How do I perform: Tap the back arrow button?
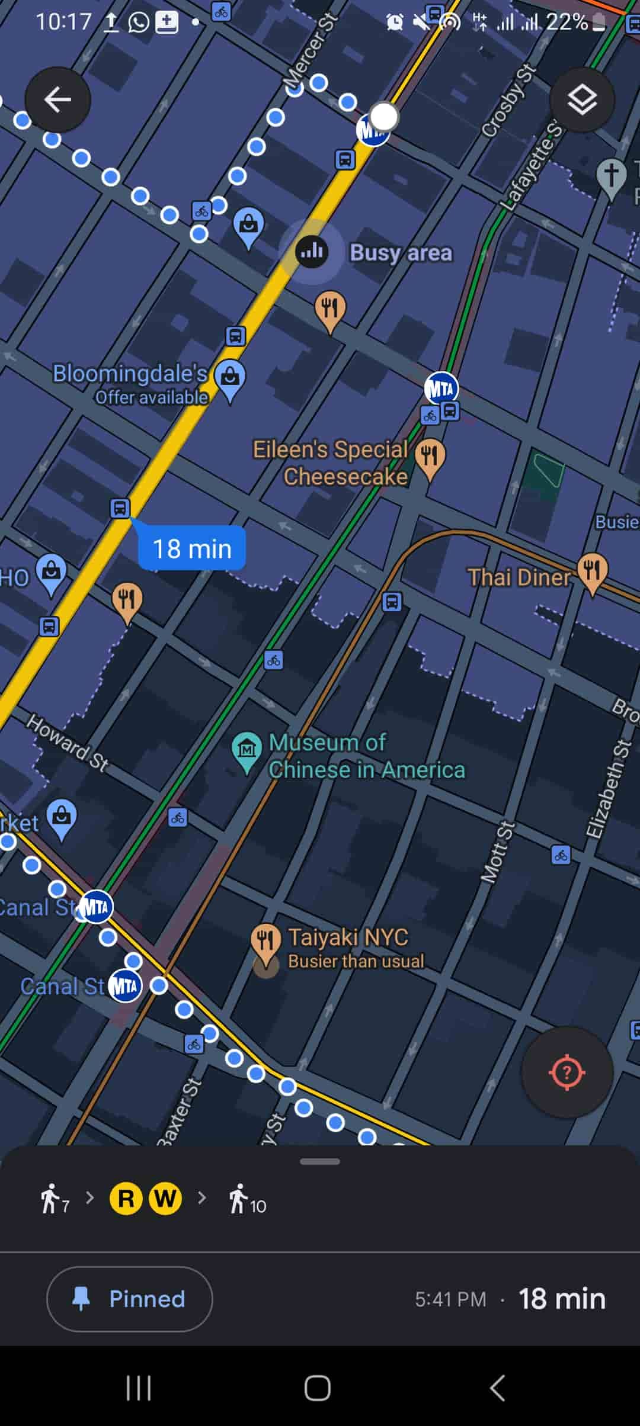(57, 99)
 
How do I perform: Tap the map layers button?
(582, 99)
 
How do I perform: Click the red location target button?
(567, 1072)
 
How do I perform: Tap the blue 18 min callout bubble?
(192, 548)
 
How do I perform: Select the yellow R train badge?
(126, 1199)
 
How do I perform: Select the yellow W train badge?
(165, 1199)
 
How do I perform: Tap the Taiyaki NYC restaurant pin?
(265, 939)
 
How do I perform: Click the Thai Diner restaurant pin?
(591, 570)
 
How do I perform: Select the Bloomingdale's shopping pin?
(230, 377)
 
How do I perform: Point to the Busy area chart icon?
(312, 252)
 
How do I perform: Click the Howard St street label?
(68, 743)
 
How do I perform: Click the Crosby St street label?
(508, 101)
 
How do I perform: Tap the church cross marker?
(611, 176)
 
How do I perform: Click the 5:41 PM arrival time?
(450, 1299)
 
